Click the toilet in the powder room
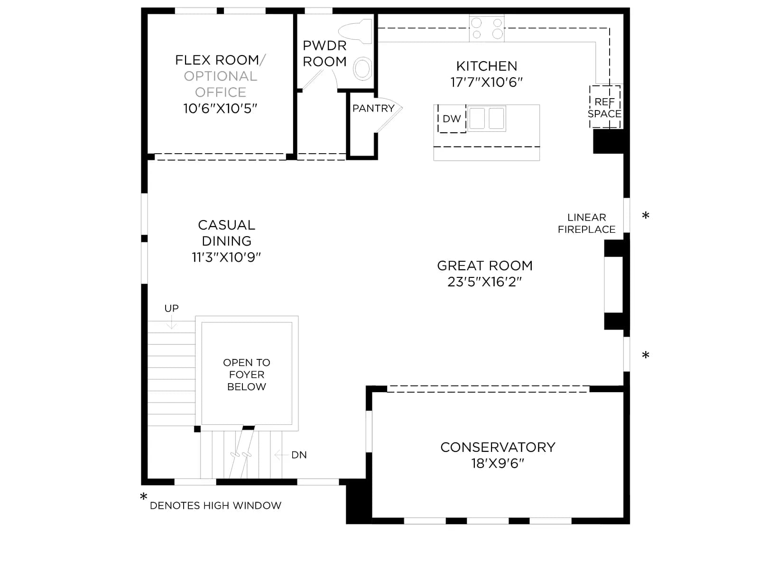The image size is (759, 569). coord(355,31)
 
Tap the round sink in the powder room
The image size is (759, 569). coord(362,69)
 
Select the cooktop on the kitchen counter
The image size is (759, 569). coord(487,28)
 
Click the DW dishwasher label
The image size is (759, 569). coord(452,119)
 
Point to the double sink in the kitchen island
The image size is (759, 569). coord(487,119)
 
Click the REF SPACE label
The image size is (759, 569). coord(604,108)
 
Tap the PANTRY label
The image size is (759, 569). coord(373,109)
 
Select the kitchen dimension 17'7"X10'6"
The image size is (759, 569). coord(487,82)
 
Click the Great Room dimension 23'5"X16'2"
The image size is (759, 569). coord(484,282)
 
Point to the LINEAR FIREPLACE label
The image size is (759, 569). coord(586,223)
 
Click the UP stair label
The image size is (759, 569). coord(172,308)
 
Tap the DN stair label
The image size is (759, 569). coord(299,455)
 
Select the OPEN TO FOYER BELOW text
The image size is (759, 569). coord(247,375)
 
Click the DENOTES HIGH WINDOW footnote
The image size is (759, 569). coord(215,506)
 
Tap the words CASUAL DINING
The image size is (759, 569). coord(226,233)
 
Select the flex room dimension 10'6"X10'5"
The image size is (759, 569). coord(220,109)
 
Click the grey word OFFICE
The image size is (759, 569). coord(221,92)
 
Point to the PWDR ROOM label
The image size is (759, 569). coord(324,54)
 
